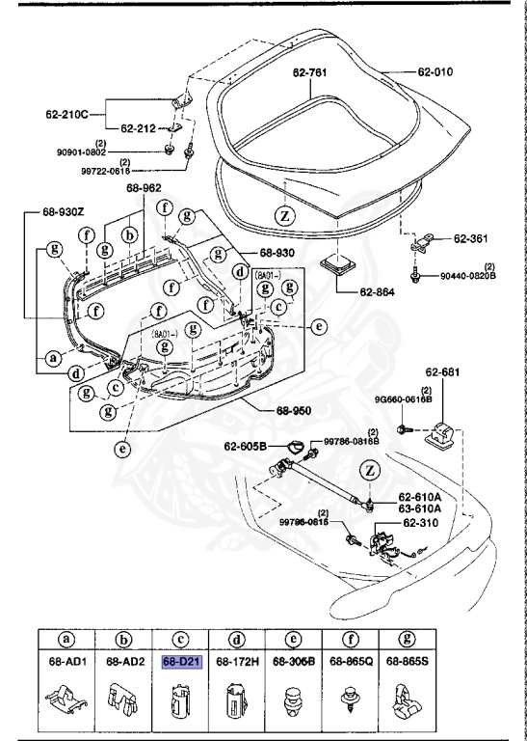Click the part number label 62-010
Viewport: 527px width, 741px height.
(x=438, y=72)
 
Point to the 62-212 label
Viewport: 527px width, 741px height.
(x=141, y=127)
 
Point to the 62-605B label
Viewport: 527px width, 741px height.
(x=248, y=447)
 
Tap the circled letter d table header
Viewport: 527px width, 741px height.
(x=239, y=640)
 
